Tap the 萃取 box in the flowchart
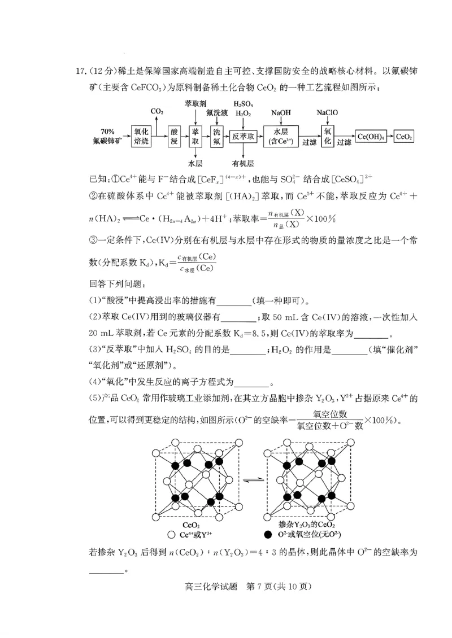(195, 137)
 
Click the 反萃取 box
(244, 136)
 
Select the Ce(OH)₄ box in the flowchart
(371, 137)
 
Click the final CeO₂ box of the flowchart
(404, 137)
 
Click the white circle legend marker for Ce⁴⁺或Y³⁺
(171, 535)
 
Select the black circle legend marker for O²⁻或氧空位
(267, 535)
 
